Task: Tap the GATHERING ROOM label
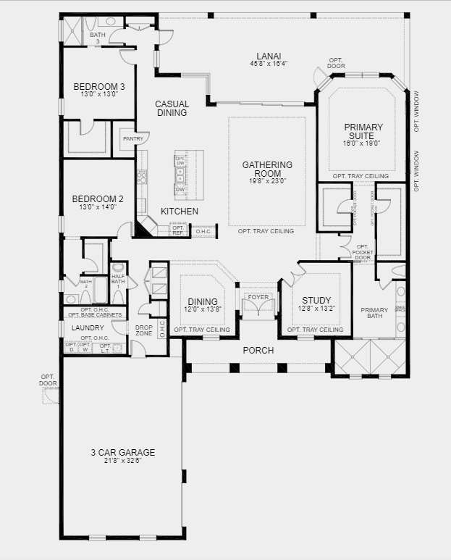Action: point(267,169)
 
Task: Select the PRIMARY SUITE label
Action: point(363,131)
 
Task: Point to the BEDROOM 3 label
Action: point(99,87)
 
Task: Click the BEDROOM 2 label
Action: point(97,198)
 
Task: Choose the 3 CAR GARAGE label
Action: point(122,452)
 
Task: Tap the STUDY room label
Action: point(316,300)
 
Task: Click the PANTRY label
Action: point(132,139)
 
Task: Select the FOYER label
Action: point(258,297)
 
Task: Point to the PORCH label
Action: point(258,351)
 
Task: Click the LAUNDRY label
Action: point(88,327)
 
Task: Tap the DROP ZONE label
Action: point(143,330)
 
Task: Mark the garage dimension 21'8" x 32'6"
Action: point(122,460)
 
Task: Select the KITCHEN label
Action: point(179,211)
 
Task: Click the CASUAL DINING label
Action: point(172,108)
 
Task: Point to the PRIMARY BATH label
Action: point(374,313)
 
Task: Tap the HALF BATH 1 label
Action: point(118,279)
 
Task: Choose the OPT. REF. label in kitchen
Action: point(178,230)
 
